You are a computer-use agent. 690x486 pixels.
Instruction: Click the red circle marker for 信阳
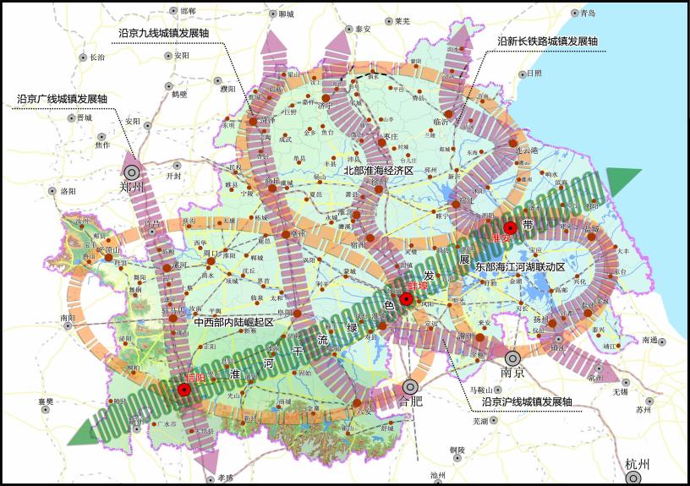pyautogui.click(x=183, y=390)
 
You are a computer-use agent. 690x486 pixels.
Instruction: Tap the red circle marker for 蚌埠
pyautogui.click(x=407, y=299)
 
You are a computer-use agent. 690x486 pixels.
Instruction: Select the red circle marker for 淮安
pyautogui.click(x=510, y=227)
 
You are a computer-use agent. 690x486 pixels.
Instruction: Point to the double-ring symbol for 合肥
pyautogui.click(x=410, y=385)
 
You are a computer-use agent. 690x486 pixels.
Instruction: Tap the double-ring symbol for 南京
pyautogui.click(x=512, y=358)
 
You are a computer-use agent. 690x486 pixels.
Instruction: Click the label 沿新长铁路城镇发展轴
pyautogui.click(x=547, y=41)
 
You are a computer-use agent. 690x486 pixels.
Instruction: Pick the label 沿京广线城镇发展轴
pyautogui.click(x=62, y=99)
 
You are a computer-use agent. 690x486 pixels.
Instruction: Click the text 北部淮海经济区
pyautogui.click(x=377, y=170)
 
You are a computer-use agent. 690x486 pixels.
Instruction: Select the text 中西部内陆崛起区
pyautogui.click(x=233, y=322)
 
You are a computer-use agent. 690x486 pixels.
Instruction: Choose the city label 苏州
pyautogui.click(x=643, y=410)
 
